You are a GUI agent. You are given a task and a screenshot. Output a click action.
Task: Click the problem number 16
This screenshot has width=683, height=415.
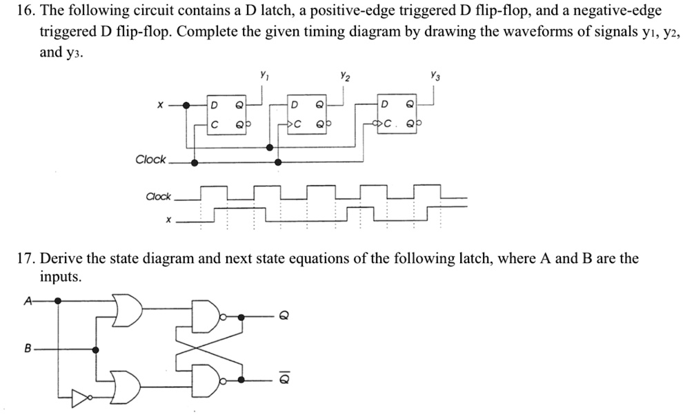click(x=24, y=11)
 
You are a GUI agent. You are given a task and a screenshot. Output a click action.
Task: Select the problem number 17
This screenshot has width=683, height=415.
click(x=24, y=259)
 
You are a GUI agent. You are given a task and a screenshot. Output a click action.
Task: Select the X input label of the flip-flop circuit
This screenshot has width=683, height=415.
click(x=159, y=106)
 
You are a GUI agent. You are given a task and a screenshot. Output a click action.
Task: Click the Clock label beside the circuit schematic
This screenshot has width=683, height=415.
click(x=150, y=160)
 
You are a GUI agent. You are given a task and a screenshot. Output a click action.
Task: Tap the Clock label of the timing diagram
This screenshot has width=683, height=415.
click(x=158, y=196)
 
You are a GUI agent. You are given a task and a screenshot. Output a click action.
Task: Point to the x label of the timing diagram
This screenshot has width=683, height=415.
click(x=167, y=220)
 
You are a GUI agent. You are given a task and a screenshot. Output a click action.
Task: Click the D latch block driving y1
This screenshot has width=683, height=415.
click(x=227, y=115)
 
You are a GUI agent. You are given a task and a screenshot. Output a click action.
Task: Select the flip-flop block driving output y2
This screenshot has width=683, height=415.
click(x=307, y=115)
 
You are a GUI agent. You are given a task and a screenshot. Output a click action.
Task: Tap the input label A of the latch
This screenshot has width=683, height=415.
click(x=28, y=300)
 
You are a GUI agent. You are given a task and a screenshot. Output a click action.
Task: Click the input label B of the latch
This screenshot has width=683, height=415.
click(x=28, y=349)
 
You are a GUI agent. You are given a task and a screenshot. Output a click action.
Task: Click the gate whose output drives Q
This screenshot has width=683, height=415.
click(x=207, y=316)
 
